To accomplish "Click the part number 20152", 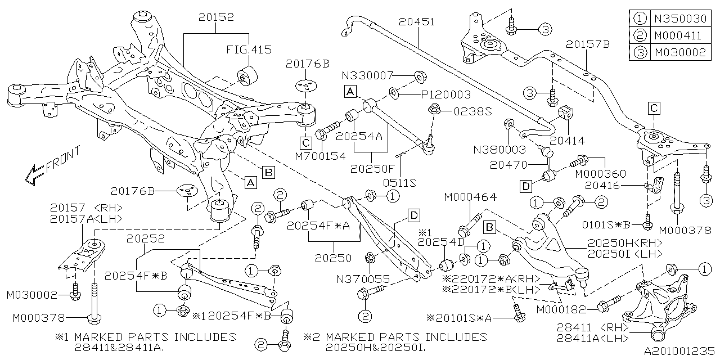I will tap(216, 19).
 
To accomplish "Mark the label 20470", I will tap(508, 165).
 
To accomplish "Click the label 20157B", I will tap(587, 43).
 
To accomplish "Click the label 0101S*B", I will tap(611, 224).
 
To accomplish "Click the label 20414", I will tap(568, 141).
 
